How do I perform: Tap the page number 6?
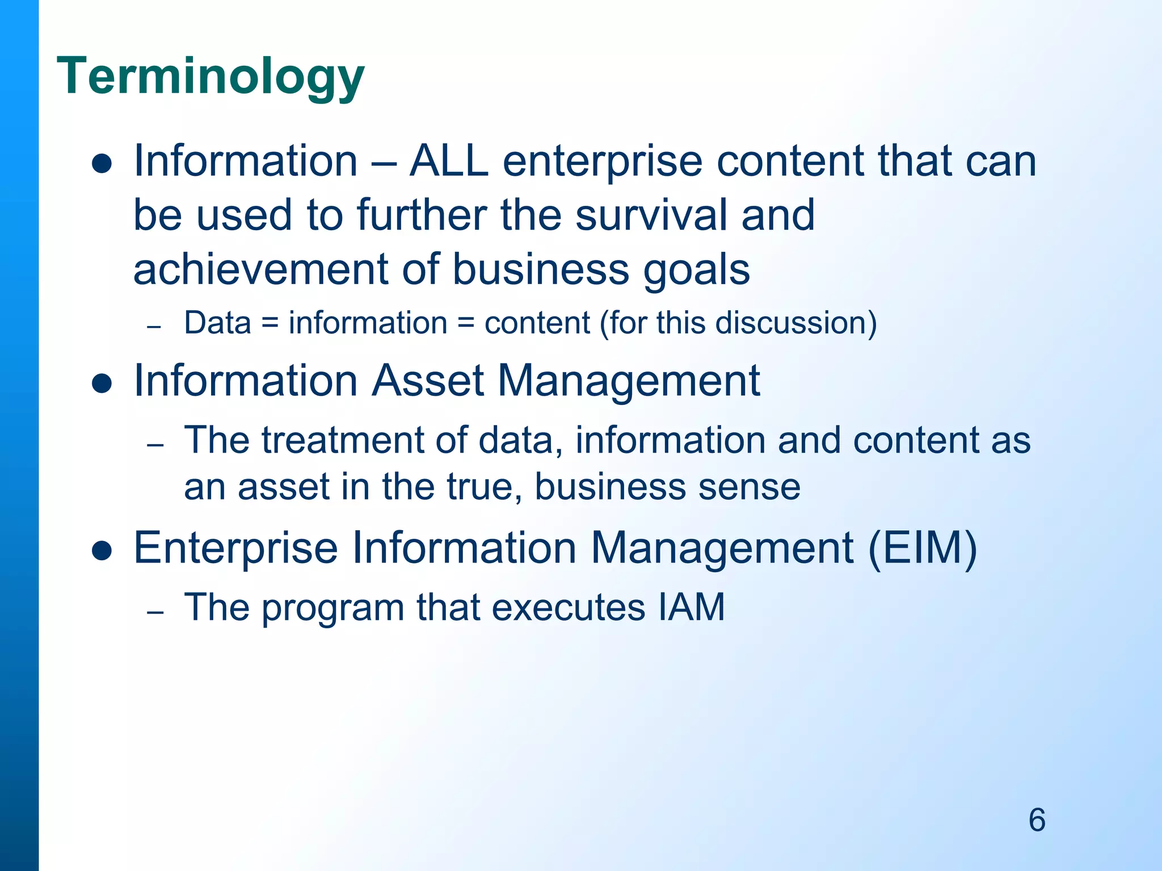1037,820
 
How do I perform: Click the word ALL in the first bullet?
449,161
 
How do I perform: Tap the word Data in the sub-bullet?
217,323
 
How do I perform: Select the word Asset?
428,380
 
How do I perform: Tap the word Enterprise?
235,549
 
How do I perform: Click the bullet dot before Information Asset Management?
102,384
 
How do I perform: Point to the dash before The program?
155,612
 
